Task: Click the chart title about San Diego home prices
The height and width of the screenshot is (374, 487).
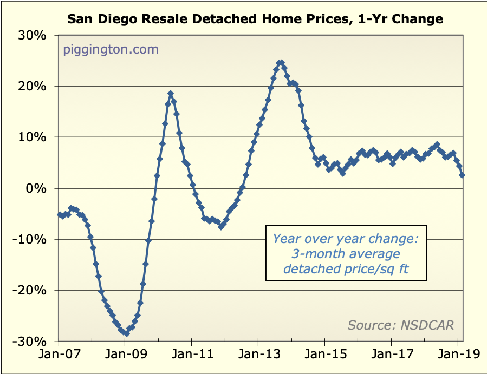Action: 255,20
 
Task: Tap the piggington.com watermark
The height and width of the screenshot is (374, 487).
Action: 111,50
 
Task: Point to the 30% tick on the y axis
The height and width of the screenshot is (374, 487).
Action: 34,36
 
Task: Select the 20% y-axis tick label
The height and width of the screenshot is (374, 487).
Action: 34,87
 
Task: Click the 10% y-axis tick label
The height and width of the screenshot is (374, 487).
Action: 34,137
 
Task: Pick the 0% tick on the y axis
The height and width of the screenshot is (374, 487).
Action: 37,188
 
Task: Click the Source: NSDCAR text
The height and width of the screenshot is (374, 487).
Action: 400,325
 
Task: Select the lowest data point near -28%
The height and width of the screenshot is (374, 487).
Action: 126,333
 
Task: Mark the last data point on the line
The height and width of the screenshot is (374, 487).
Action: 462,175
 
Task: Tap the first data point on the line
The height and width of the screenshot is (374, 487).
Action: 59,215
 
